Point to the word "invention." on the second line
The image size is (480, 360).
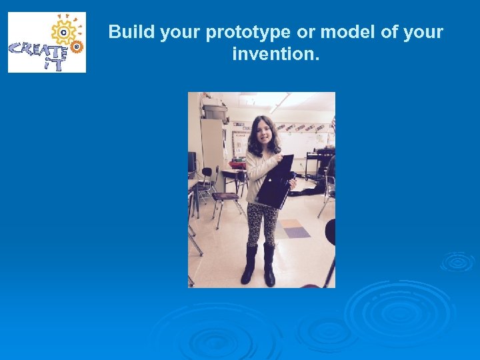pyautogui.click(x=275, y=53)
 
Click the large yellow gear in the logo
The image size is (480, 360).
pyautogui.click(x=65, y=31)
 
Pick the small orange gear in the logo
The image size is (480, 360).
pyautogui.click(x=77, y=47)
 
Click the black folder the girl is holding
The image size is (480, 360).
pyautogui.click(x=275, y=182)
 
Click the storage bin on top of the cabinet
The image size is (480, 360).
pyautogui.click(x=215, y=111)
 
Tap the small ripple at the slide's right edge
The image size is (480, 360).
pyautogui.click(x=457, y=261)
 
